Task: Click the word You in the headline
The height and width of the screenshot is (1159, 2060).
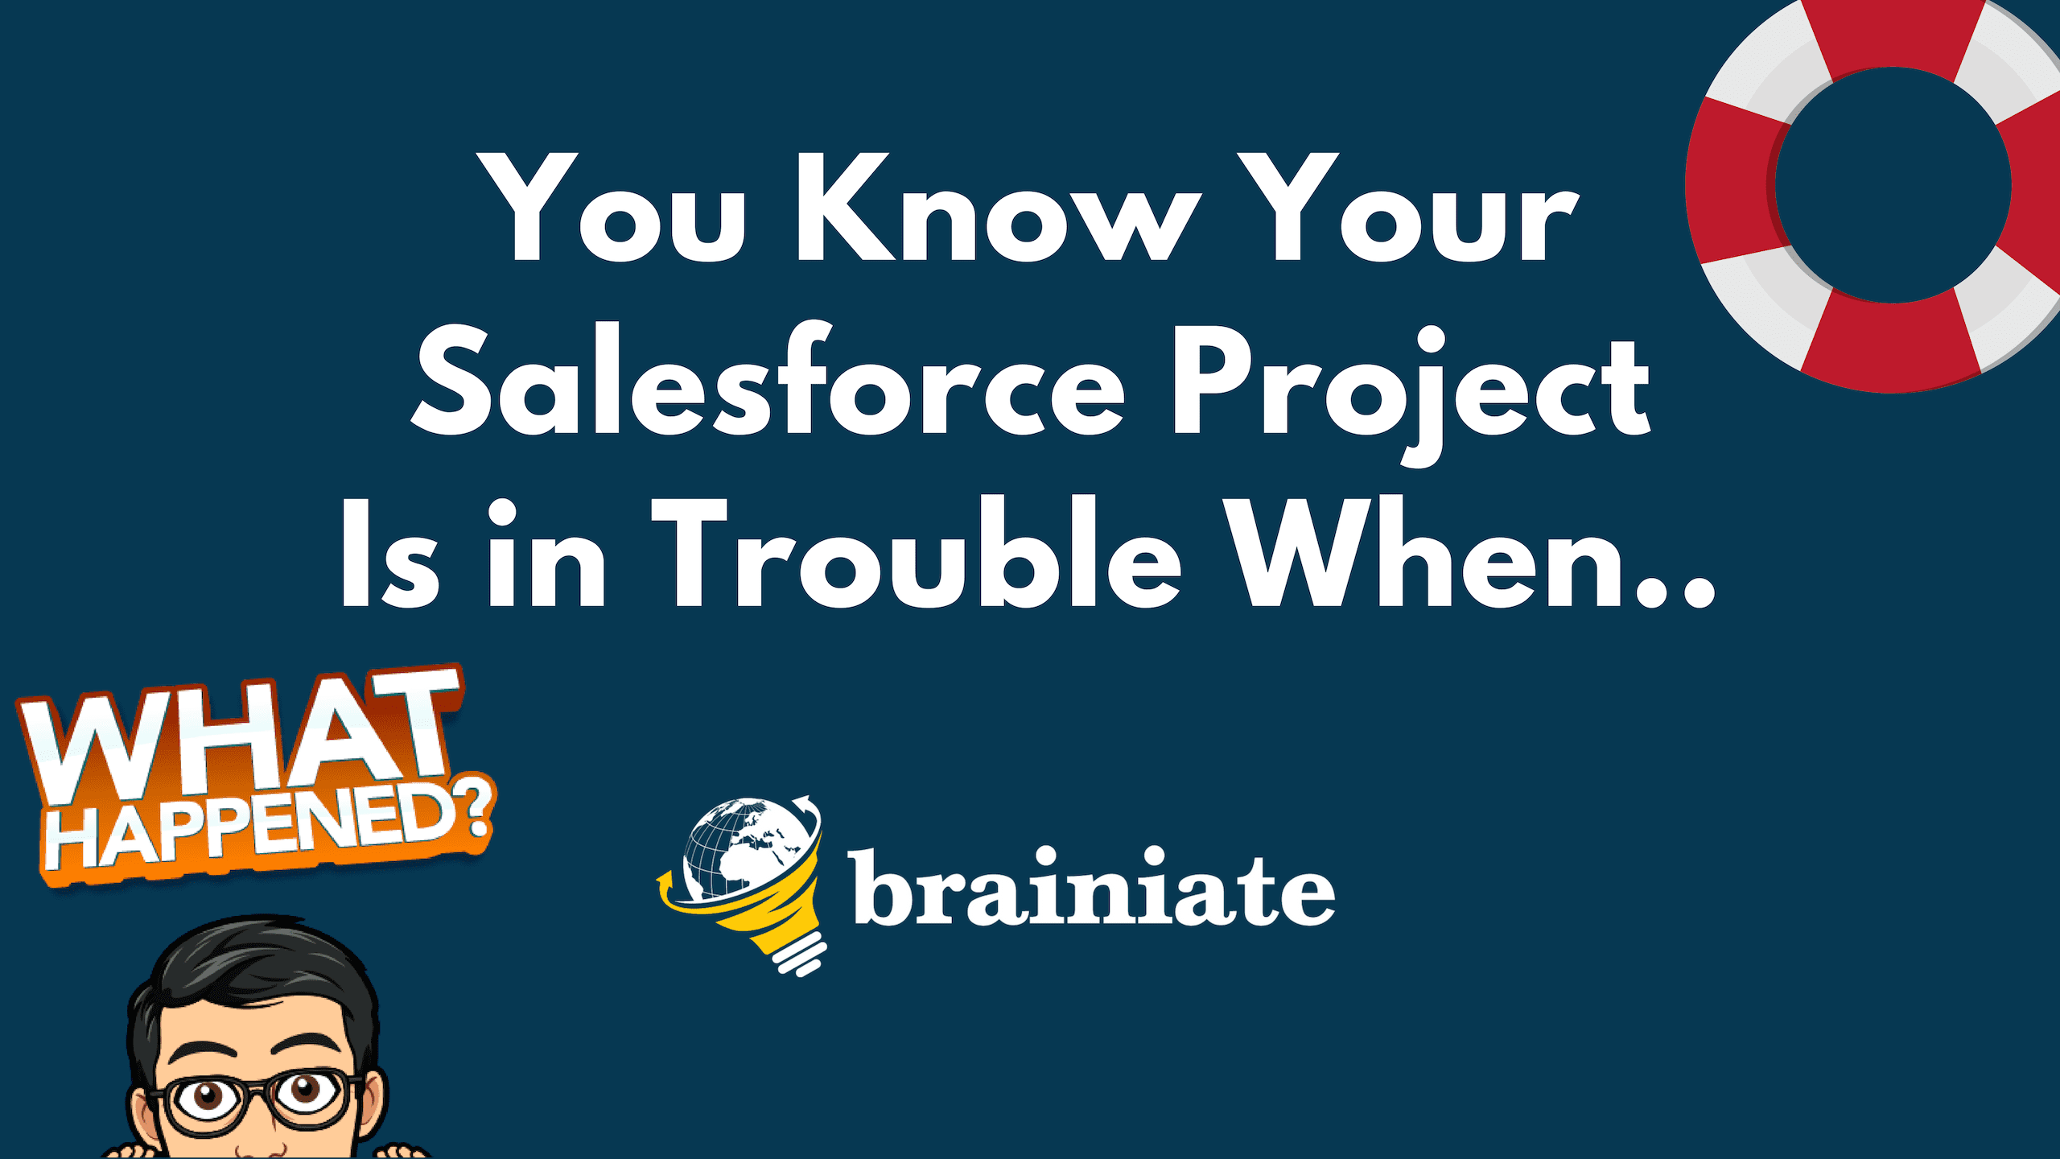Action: (x=612, y=207)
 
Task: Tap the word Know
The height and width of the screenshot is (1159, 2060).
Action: (x=998, y=207)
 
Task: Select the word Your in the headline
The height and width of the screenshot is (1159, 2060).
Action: (x=1408, y=207)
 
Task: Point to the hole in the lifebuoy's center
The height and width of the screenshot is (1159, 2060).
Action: (x=1893, y=185)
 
